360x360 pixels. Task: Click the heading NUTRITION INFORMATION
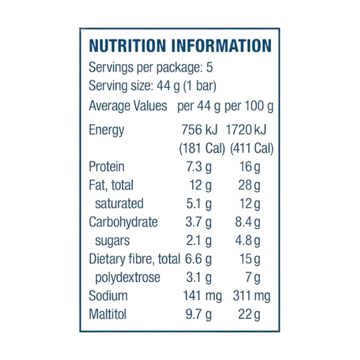pos(179,46)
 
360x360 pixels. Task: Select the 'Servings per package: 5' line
pos(151,67)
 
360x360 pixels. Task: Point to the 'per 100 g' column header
pos(249,106)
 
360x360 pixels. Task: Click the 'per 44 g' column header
pos(199,106)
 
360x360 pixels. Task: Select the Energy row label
pos(106,130)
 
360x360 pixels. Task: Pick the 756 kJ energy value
pos(202,130)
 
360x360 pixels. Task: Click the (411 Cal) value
pos(252,149)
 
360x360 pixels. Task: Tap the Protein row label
pos(106,167)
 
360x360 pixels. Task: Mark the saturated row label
pos(119,204)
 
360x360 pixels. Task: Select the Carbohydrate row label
pos(123,222)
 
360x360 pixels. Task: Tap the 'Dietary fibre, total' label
pos(134,259)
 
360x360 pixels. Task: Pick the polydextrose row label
pos(128,278)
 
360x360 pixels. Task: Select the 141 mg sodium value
pos(202,296)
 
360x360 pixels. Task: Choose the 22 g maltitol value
pos(249,314)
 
